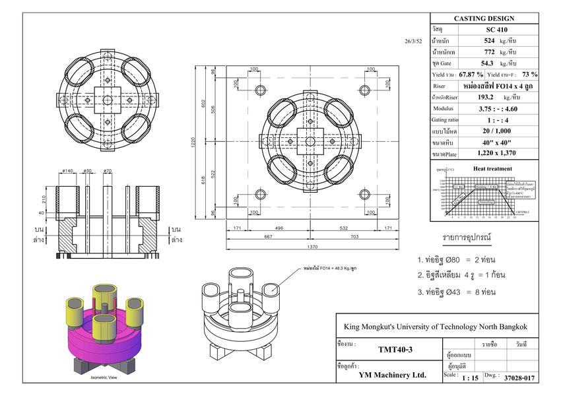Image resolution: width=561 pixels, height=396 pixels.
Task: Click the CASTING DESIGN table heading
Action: pos(484,18)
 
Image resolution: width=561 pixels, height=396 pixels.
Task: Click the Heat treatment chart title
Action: pos(492,168)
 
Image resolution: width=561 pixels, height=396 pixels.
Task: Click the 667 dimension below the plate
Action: pos(269,236)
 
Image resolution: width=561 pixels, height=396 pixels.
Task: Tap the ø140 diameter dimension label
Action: pos(67,172)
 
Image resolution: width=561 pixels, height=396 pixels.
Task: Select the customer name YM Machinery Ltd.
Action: pos(393,374)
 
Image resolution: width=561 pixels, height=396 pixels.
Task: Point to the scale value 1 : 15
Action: pos(470,378)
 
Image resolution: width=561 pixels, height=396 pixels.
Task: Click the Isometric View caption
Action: pos(104,378)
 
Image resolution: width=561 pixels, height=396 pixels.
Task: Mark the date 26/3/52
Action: pos(413,41)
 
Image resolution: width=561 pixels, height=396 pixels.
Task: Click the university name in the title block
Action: pos(436,327)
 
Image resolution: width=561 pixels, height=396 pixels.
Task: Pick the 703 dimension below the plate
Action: pos(354,236)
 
